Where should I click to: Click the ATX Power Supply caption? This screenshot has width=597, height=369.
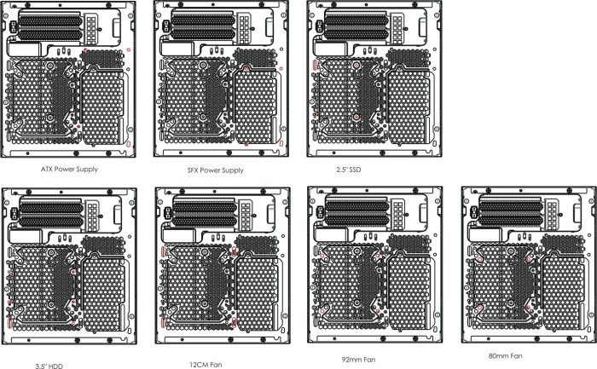pos(69,170)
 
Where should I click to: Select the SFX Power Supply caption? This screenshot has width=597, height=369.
pos(215,170)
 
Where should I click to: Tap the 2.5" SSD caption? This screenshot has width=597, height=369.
pos(348,170)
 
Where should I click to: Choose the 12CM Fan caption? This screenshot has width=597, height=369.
pos(206,365)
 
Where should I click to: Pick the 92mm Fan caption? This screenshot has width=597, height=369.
pos(359,360)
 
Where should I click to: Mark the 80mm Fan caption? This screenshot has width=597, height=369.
pos(506,356)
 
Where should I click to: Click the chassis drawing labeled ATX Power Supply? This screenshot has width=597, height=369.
pos(68,79)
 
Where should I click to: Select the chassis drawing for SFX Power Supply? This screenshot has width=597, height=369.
pos(221,78)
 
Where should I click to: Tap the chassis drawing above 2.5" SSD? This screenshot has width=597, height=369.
pos(374,78)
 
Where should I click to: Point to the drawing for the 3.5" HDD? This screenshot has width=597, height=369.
pos(69,266)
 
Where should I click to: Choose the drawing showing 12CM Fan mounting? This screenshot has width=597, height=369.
pos(223,266)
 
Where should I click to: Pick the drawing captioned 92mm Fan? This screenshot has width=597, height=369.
pos(375,265)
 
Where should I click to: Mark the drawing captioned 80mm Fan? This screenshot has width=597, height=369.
pos(529,265)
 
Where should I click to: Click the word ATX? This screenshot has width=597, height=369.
pos(46,170)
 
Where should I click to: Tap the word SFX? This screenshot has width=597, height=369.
pos(193,170)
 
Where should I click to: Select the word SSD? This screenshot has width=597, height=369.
pos(355,170)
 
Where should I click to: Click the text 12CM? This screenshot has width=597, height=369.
pos(198,365)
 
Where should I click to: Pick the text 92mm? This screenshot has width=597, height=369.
pos(351,360)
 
